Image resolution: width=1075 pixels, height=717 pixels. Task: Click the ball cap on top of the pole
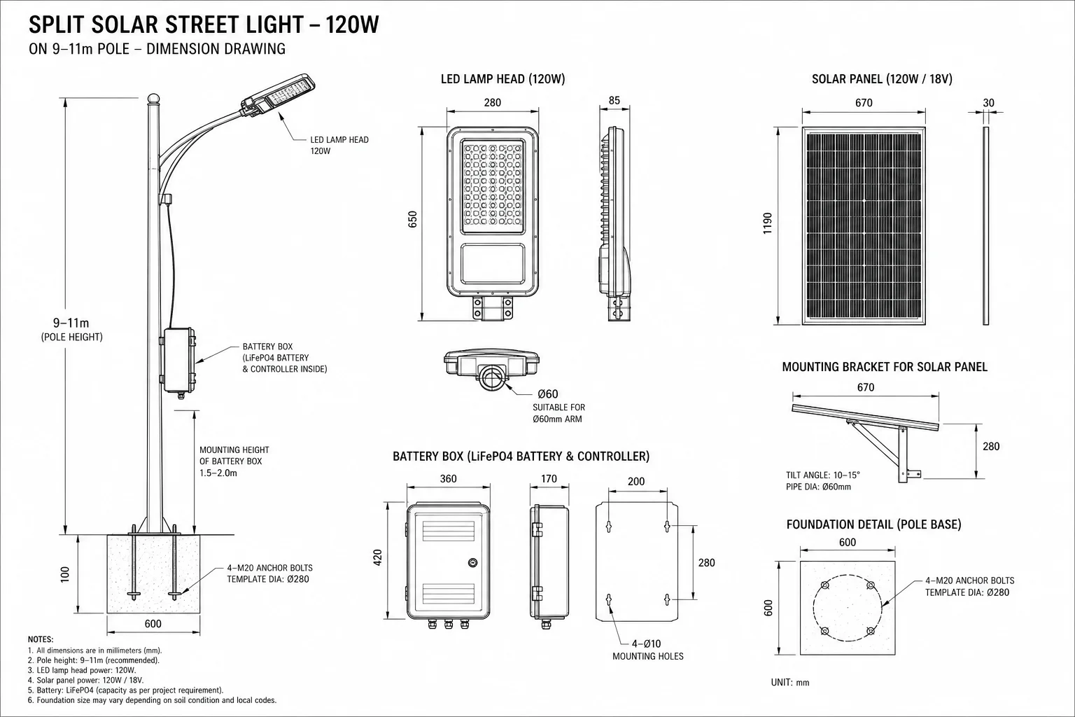pyautogui.click(x=153, y=99)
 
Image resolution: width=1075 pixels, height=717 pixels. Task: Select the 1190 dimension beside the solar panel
pyautogui.click(x=767, y=223)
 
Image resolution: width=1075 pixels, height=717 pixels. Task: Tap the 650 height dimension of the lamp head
pyautogui.click(x=413, y=219)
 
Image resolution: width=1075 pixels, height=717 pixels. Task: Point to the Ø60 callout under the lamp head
pyautogui.click(x=547, y=394)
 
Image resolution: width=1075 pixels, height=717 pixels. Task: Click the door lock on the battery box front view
pyautogui.click(x=472, y=562)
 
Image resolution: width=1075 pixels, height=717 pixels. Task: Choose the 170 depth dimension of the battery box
pyautogui.click(x=549, y=479)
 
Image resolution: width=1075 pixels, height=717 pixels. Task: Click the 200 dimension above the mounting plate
pyautogui.click(x=636, y=481)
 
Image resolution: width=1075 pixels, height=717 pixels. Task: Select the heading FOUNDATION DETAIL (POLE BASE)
pyautogui.click(x=874, y=524)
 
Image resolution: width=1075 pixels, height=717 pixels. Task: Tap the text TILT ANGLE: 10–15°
pyautogui.click(x=823, y=475)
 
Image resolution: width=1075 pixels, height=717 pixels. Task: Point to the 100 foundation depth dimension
pyautogui.click(x=65, y=574)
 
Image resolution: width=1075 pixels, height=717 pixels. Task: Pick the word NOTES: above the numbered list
pyautogui.click(x=41, y=640)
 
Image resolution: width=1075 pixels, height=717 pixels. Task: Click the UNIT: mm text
pyautogui.click(x=790, y=683)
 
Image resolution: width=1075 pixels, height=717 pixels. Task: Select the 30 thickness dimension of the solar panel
pyautogui.click(x=989, y=103)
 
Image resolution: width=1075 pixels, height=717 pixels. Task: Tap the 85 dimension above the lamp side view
pyautogui.click(x=614, y=100)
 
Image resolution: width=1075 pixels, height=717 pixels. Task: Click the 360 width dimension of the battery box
pyautogui.click(x=448, y=479)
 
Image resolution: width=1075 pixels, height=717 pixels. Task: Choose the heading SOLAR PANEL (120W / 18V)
pyautogui.click(x=882, y=78)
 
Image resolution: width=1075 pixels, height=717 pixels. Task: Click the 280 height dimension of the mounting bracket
pyautogui.click(x=991, y=447)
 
